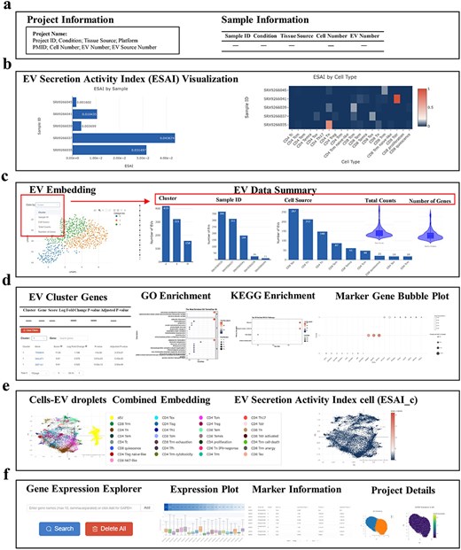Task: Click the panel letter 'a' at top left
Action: (7, 7)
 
